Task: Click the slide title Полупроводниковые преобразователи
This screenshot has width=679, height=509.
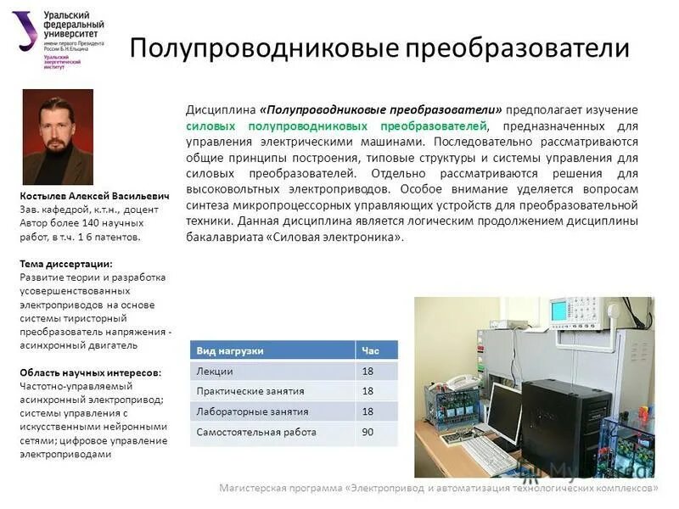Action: (379, 47)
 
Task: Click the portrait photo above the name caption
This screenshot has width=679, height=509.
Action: (58, 137)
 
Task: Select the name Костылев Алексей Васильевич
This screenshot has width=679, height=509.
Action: (94, 196)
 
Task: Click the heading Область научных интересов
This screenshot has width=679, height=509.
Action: (90, 372)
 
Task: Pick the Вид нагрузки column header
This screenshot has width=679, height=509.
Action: (230, 350)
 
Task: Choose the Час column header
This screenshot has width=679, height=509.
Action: (370, 350)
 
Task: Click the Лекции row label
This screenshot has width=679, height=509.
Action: (215, 371)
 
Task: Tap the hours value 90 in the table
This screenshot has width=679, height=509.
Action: (368, 432)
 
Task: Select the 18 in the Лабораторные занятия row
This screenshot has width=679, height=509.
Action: (368, 411)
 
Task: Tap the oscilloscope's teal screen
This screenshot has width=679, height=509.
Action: (559, 311)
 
